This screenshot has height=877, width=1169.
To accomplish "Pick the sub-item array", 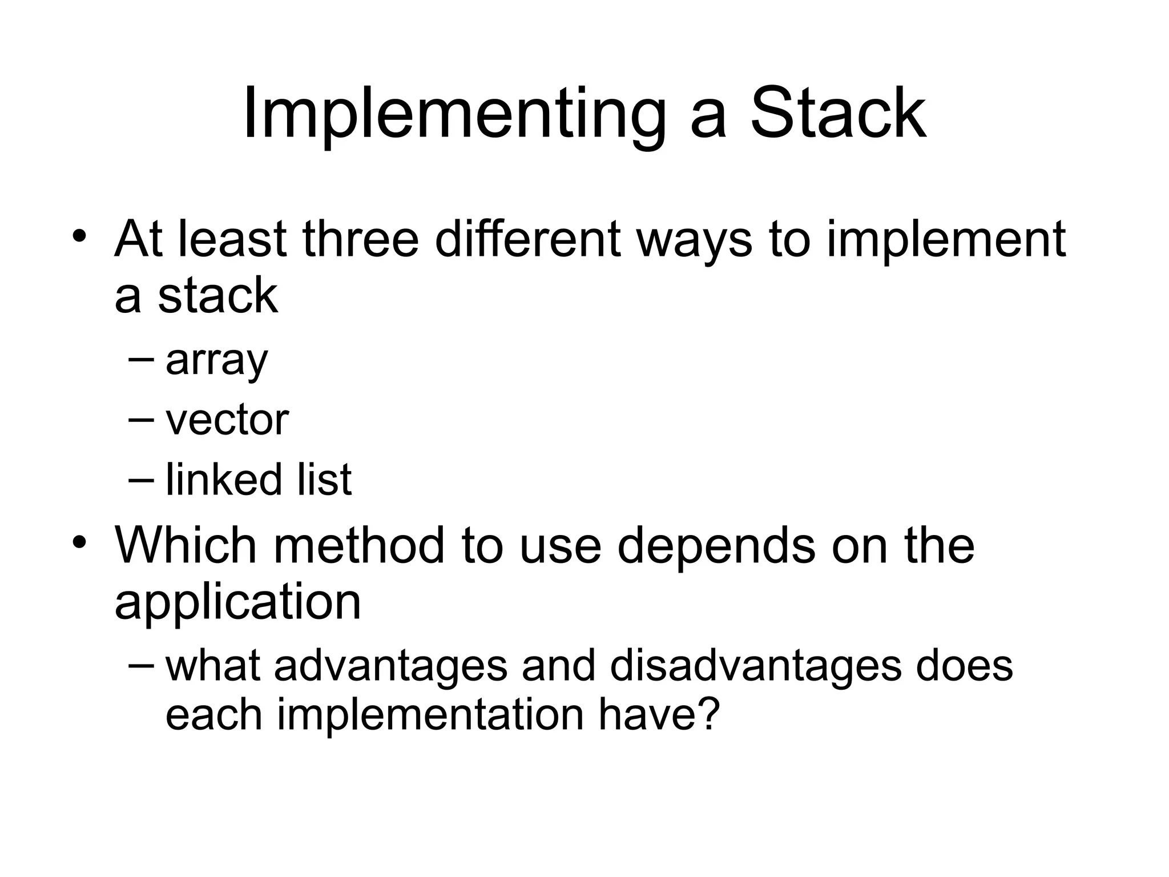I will point(217,361).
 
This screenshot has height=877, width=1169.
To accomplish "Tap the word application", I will point(237,603).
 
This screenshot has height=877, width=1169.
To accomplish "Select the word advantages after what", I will point(390,666).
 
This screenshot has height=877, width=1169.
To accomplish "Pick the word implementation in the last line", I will point(430,715).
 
